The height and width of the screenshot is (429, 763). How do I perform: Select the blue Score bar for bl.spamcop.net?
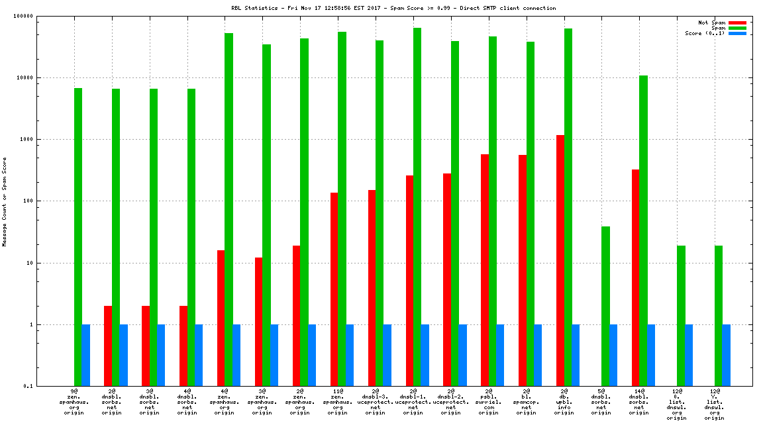538,355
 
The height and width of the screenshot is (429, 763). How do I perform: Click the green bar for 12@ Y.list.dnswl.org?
719,316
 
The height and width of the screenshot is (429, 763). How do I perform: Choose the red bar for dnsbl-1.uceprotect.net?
409,281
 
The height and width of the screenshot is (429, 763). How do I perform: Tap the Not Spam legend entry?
712,23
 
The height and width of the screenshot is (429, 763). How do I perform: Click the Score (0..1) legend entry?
703,33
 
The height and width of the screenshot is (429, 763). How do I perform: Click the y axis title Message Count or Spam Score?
5,201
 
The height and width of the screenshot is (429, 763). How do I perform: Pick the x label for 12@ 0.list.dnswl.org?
676,405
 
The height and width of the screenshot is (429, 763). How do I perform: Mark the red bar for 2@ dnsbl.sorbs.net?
107,346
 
